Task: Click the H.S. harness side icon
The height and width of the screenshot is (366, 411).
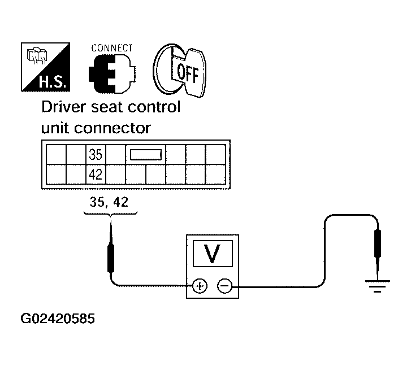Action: click(45, 67)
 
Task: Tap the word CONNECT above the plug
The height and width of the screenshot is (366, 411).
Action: click(112, 48)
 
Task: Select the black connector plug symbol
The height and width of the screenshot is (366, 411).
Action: click(112, 74)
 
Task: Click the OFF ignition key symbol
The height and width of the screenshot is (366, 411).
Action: click(180, 71)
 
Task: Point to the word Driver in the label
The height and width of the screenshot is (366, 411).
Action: click(64, 107)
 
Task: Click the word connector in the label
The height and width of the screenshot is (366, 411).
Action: click(113, 128)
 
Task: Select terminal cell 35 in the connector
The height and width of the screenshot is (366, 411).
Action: click(96, 154)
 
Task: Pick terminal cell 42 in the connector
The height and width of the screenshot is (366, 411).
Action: click(96, 175)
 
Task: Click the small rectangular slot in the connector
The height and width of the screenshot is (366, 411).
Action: click(146, 154)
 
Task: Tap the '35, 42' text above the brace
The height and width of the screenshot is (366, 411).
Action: click(109, 202)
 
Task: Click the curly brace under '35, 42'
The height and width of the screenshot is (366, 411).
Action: click(110, 213)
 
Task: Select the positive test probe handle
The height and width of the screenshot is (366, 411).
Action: click(111, 258)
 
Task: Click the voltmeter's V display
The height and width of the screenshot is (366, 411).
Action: click(213, 254)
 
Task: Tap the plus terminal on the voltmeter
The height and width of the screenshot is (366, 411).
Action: click(200, 286)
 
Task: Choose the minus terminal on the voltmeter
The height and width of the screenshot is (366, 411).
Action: click(224, 286)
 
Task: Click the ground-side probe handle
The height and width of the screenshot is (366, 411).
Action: click(378, 243)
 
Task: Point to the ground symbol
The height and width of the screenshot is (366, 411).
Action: click(378, 286)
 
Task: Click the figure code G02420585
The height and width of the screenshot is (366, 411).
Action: click(58, 319)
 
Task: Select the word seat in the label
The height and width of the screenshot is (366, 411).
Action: click(107, 107)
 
